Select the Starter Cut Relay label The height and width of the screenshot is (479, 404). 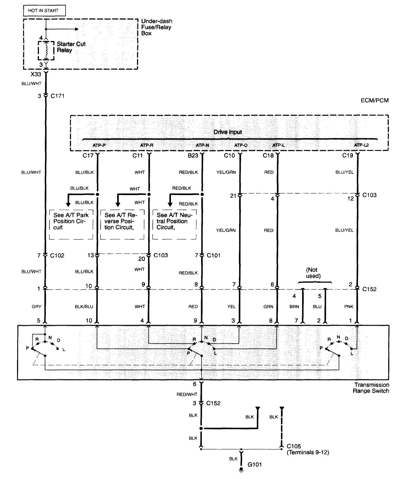[71, 47]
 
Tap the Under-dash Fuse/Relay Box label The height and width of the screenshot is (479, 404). [156, 27]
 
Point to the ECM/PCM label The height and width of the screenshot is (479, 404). [374, 100]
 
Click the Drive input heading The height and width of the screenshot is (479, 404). [228, 132]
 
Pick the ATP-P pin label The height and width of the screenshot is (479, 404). [99, 145]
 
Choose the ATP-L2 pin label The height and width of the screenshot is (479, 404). [361, 145]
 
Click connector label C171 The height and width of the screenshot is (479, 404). [57, 96]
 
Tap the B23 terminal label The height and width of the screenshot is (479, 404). [193, 156]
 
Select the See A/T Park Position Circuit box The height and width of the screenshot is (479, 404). [71, 224]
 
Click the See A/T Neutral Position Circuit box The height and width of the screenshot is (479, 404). [174, 224]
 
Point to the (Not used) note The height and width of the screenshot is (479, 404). [313, 273]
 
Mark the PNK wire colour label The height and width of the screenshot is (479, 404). [349, 307]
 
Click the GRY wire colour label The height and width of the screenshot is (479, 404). [36, 307]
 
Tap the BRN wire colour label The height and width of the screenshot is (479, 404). [294, 307]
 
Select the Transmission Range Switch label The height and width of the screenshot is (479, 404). [371, 388]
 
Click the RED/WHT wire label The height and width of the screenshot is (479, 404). [187, 394]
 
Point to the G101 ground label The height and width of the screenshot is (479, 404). [255, 464]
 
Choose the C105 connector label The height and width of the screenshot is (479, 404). [294, 446]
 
